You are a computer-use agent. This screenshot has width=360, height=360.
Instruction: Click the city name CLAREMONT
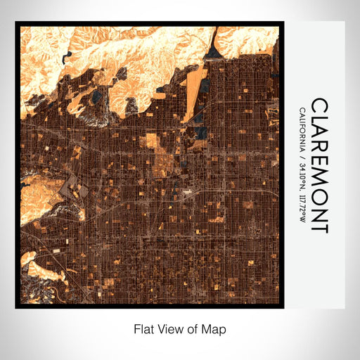[x=319, y=166]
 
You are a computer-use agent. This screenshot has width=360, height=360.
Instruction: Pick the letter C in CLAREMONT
[x=319, y=105]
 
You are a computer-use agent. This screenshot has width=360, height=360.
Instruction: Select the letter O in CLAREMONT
[x=319, y=196]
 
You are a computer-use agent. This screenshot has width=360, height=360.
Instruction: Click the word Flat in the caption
[x=143, y=328]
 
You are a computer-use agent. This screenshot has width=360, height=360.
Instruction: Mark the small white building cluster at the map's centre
[x=187, y=191]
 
